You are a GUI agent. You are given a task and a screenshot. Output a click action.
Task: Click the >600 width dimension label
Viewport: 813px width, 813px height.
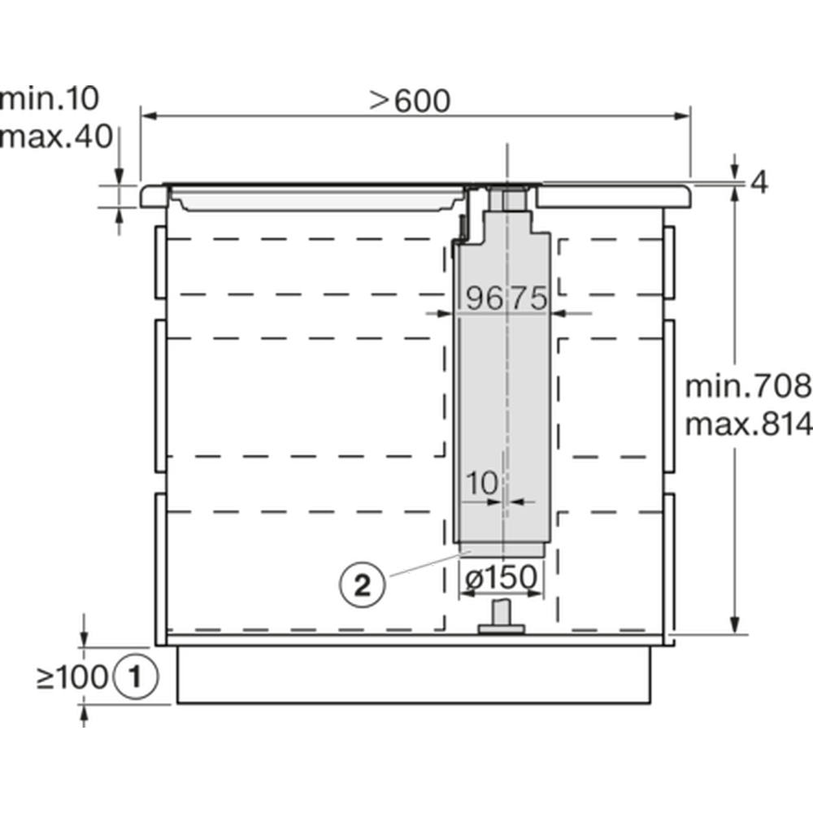point(410,101)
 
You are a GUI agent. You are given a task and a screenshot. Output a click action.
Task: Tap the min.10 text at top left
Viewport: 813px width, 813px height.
point(50,98)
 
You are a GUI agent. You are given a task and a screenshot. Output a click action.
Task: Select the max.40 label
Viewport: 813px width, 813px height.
point(56,137)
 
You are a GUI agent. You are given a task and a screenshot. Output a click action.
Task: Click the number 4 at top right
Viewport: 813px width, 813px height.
point(759,182)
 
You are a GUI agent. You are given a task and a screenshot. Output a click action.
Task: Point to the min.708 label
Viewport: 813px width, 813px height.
point(749,386)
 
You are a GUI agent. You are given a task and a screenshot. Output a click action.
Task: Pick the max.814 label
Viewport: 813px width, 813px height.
point(749,424)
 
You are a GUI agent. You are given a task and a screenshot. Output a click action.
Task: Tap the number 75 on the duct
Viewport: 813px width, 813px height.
point(528,298)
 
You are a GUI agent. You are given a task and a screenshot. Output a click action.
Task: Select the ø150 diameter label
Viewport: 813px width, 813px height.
point(501,578)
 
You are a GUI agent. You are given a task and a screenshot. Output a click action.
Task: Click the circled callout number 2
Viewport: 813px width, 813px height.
point(363,586)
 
